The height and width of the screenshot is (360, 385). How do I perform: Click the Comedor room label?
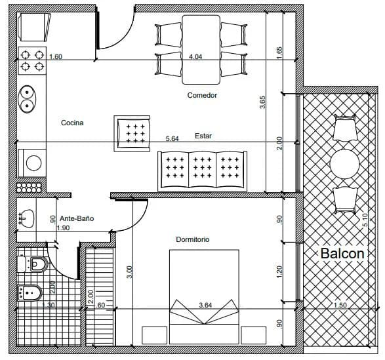202,95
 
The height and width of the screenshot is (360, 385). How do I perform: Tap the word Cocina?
72,123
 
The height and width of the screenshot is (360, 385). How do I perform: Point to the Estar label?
203,136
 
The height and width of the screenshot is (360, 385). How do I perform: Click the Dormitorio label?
192,239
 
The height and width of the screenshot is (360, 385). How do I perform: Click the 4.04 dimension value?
195,57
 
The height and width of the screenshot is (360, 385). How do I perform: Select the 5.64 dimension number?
172,138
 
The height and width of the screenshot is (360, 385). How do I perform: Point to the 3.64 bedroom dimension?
205,305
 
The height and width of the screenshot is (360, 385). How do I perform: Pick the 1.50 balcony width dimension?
340,305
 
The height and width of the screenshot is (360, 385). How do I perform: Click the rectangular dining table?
201,49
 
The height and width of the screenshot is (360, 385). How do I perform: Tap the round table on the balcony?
344,164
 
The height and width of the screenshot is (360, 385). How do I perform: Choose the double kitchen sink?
28,99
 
